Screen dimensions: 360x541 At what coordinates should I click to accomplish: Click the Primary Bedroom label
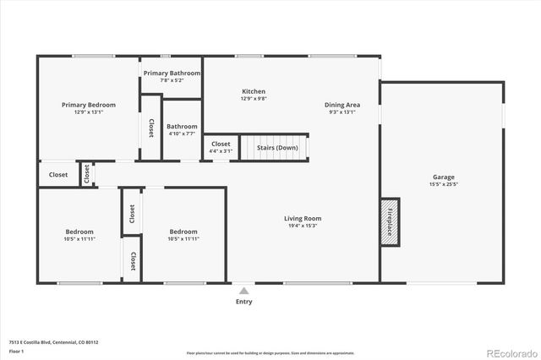88,105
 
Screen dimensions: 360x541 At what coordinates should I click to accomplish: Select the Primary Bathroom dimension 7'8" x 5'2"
172,82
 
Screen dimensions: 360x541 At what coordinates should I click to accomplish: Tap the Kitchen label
254,91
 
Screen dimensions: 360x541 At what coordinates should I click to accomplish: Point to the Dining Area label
341,105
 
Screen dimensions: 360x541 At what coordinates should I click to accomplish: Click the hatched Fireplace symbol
389,222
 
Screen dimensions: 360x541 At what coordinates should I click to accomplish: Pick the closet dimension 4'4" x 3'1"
221,152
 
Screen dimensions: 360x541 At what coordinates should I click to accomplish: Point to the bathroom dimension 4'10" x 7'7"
183,134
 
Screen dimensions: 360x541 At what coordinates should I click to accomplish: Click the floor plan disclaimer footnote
270,352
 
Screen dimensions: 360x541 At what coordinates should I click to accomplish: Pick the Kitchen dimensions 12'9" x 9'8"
254,99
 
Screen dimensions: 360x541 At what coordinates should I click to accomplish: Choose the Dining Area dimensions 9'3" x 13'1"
341,112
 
